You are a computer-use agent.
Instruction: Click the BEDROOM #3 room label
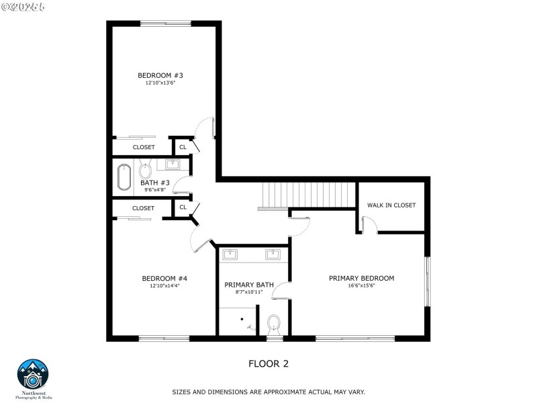(x=160, y=75)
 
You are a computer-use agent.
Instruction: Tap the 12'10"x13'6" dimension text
(x=160, y=83)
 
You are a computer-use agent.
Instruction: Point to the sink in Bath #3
(x=171, y=164)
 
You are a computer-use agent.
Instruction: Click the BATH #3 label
(x=154, y=183)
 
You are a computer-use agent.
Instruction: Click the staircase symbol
(x=305, y=195)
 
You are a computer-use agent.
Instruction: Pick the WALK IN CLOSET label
(x=391, y=205)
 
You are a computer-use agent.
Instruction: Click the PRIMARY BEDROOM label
(x=361, y=278)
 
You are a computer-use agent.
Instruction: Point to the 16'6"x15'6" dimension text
(x=361, y=286)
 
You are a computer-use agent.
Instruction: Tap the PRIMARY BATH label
(x=249, y=285)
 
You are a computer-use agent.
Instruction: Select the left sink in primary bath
(x=231, y=254)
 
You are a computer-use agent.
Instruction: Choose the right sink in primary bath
(x=273, y=254)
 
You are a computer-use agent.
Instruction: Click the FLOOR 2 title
(x=268, y=363)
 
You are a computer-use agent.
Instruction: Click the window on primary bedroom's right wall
(x=426, y=281)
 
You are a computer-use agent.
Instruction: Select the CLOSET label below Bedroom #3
(x=144, y=147)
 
